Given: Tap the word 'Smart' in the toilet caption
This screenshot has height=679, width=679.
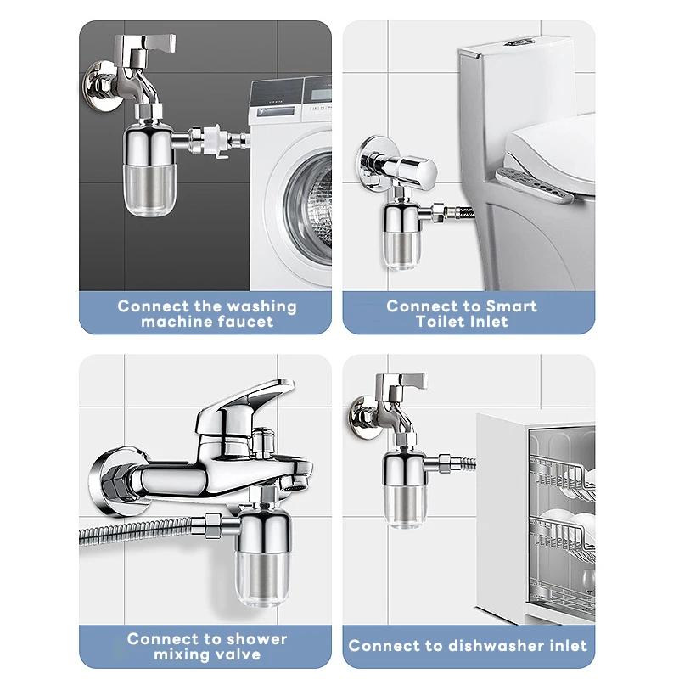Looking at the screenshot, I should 511,306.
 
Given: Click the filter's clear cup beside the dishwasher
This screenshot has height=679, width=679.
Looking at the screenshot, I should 406,508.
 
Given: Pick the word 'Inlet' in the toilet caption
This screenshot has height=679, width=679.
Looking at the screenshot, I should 486,323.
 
